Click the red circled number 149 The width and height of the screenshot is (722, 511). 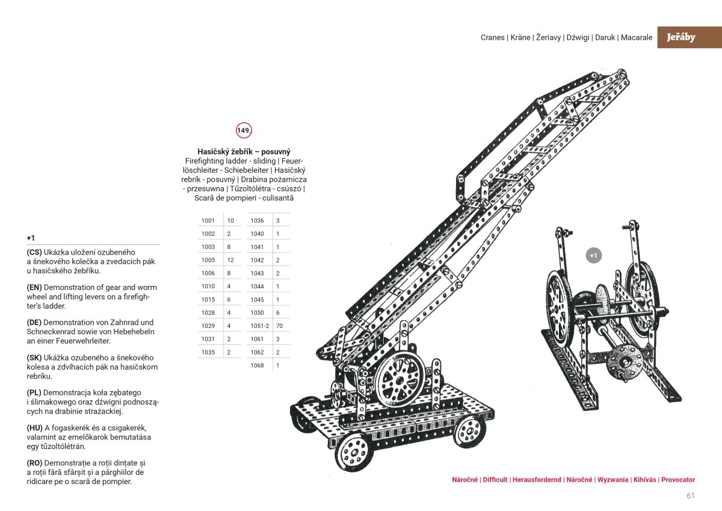tap(244, 130)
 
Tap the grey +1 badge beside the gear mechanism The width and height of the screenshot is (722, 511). tap(593, 256)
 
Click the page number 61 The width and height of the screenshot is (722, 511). tap(690, 496)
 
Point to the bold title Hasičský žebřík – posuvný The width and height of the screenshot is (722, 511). tap(244, 152)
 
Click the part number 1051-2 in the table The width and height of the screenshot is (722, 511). tap(259, 326)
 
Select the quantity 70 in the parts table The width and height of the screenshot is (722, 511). tap(279, 326)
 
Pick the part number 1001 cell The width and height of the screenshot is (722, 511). tap(208, 220)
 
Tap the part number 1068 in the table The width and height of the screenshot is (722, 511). tap(257, 365)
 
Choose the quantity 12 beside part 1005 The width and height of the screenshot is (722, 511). tap(230, 260)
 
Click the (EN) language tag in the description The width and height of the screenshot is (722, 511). tap(34, 288)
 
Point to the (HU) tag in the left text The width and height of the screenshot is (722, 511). tap(34, 428)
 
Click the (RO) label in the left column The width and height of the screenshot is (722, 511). tap(34, 463)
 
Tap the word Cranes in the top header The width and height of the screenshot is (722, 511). tap(493, 37)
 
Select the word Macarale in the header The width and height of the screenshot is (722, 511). tap(637, 37)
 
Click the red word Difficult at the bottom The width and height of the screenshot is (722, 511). tap(495, 480)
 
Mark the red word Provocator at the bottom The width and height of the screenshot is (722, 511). tap(678, 480)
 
